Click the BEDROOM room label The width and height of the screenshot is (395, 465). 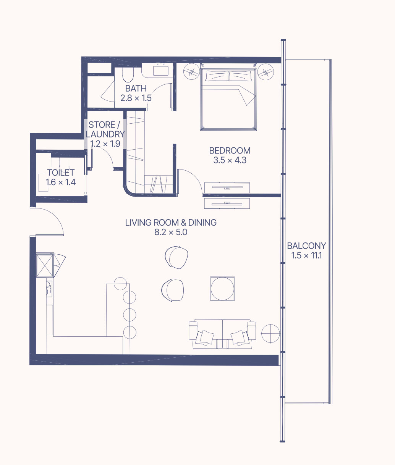[230, 151]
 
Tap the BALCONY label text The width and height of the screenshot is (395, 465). [306, 246]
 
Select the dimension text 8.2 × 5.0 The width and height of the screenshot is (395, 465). [171, 232]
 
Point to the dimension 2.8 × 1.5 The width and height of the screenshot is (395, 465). [136, 98]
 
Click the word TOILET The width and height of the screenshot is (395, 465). [61, 173]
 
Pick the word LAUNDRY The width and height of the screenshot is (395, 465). [105, 134]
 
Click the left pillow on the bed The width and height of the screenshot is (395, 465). [217, 76]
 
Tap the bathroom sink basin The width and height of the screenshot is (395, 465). [161, 70]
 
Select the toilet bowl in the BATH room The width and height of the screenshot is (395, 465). [128, 75]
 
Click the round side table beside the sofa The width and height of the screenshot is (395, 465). [270, 333]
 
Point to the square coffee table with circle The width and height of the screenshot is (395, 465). [222, 289]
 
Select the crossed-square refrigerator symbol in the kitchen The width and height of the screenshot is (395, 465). [45, 265]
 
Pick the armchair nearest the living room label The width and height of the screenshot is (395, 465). [176, 257]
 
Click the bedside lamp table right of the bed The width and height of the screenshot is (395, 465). [266, 71]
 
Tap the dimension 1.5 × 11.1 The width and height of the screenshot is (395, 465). [306, 255]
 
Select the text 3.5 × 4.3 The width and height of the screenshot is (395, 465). [230, 160]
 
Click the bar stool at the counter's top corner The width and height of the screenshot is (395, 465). [120, 284]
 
